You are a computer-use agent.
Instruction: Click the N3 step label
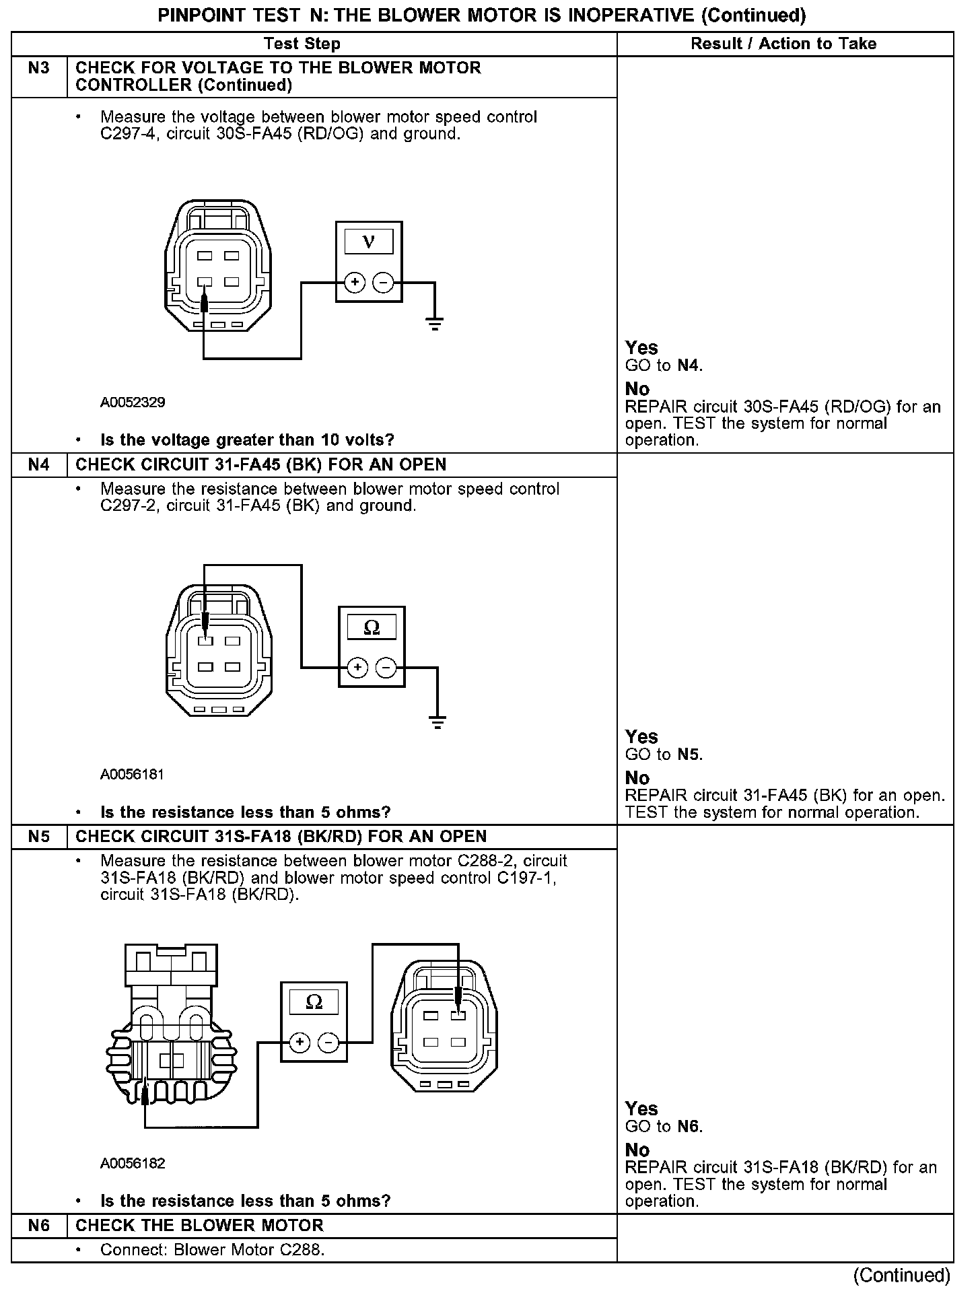39,68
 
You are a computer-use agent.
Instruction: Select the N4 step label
39,465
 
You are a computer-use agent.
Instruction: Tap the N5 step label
39,837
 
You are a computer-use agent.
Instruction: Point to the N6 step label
39,1226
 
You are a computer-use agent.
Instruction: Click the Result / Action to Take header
783,44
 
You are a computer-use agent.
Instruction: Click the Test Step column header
302,44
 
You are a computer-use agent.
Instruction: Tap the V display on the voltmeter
369,241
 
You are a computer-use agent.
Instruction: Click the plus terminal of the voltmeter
355,283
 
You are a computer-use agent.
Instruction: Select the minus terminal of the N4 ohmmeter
386,668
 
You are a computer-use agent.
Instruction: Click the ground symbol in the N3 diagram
435,324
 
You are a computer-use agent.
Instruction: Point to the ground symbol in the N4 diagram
438,723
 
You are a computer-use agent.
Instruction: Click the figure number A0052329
133,403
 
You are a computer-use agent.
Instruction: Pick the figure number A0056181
133,774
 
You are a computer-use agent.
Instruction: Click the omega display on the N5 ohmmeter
314,1002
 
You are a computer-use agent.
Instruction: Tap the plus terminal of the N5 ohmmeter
300,1043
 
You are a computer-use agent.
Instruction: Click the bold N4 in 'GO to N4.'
689,365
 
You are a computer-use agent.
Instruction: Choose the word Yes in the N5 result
641,1109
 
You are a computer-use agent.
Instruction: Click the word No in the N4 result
637,778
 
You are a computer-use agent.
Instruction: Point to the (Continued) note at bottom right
901,1275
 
